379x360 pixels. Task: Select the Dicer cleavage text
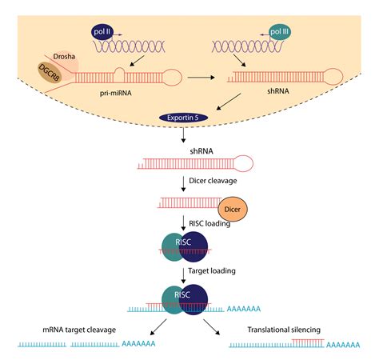pyautogui.click(x=213, y=182)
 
